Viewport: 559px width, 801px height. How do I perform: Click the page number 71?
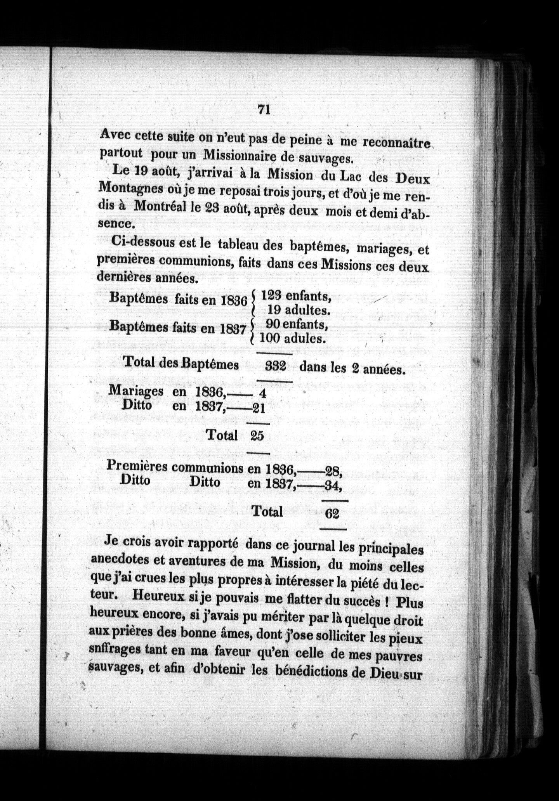click(x=264, y=110)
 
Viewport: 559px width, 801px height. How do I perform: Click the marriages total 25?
click(x=257, y=436)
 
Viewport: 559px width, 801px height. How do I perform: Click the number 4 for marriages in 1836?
click(x=263, y=394)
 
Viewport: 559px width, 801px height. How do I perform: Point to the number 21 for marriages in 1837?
click(x=259, y=408)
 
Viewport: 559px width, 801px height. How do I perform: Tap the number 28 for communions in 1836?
click(x=333, y=472)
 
